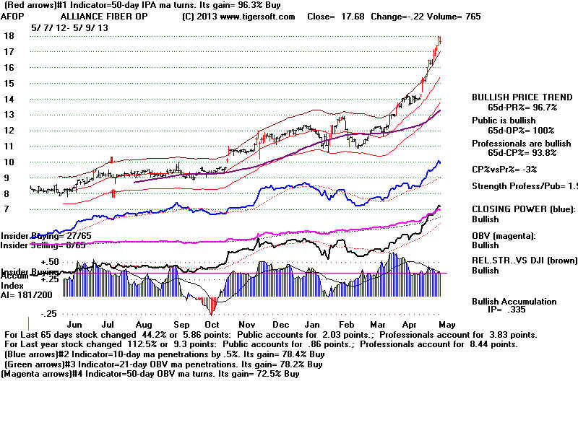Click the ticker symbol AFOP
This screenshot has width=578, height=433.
click(12, 16)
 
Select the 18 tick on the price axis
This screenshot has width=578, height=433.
click(9, 36)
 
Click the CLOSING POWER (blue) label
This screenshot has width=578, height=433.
click(519, 209)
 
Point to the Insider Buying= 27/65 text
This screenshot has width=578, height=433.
click(41, 236)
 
